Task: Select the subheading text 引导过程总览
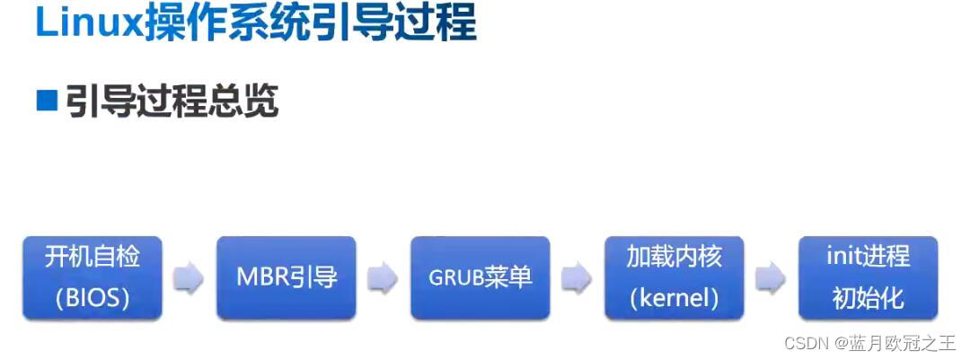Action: (172, 101)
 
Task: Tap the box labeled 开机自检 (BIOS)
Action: (93, 277)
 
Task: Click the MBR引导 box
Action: (287, 277)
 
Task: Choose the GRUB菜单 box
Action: (480, 277)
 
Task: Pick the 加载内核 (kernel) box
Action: (674, 277)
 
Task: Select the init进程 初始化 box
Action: (868, 277)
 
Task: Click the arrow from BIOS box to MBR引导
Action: (189, 277)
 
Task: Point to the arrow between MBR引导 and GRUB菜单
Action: (383, 277)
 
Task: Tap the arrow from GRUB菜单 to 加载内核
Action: (577, 277)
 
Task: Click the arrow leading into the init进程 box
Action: (771, 277)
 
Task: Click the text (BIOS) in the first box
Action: (93, 298)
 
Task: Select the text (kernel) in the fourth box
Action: (674, 298)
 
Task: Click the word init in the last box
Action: (842, 257)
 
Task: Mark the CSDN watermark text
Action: (805, 343)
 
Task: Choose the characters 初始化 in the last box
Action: (868, 298)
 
